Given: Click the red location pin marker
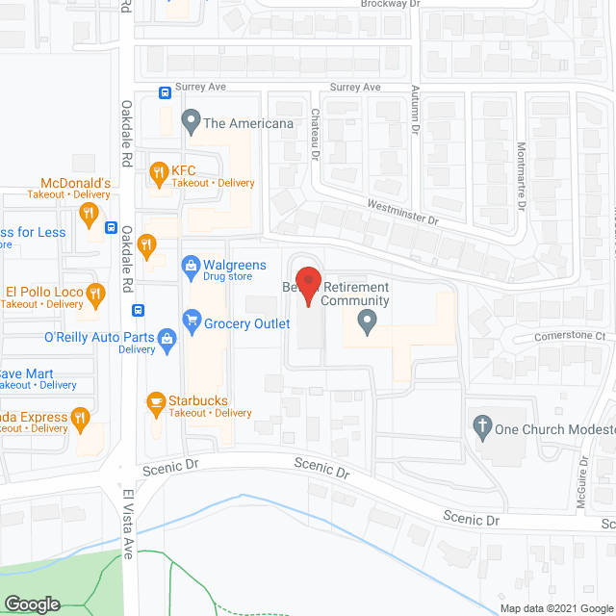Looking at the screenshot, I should point(307,286).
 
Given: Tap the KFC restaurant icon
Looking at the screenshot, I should point(158,174).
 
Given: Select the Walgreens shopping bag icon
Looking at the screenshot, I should point(191,265).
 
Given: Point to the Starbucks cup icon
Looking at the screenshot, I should point(154,401).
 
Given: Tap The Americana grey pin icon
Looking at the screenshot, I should point(191,122).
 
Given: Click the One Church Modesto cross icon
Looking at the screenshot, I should point(481,424).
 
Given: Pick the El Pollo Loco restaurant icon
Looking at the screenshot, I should point(94,295).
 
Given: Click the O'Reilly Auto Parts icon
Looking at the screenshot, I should point(167,339).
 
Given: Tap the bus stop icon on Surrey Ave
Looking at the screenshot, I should point(166,93).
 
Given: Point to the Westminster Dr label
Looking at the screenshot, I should point(402,213).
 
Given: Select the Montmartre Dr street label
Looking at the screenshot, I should point(521,177).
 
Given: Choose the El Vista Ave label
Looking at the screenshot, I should point(126,524).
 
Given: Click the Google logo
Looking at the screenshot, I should point(32,603).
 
